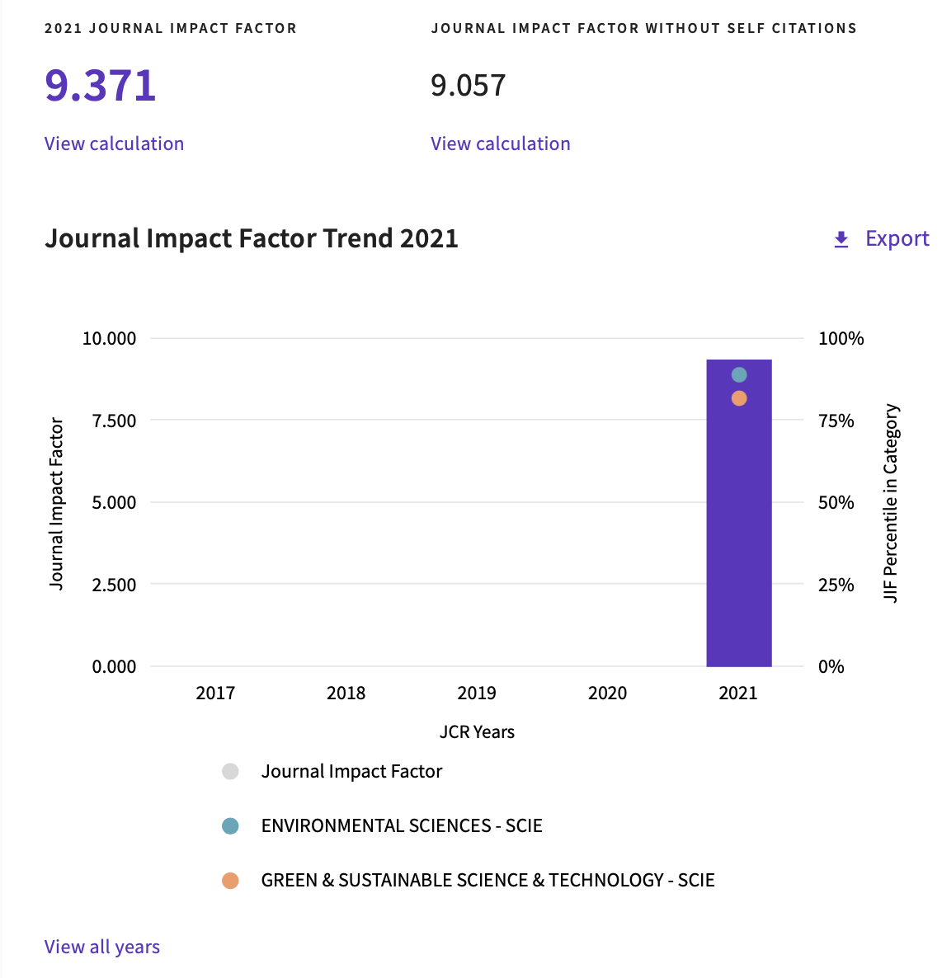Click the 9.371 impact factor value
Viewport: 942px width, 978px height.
point(100,86)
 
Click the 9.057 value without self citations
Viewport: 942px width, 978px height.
point(468,86)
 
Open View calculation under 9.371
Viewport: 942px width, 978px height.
point(114,143)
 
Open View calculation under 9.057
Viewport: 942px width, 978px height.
point(500,143)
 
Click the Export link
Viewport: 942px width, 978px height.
point(897,238)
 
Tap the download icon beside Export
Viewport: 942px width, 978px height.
point(841,239)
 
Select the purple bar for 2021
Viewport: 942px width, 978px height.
point(738,536)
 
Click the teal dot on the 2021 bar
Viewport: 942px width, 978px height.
point(739,375)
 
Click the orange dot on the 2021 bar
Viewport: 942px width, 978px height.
point(739,398)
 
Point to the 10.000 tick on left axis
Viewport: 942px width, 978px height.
point(109,338)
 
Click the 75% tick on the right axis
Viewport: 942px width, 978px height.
point(836,421)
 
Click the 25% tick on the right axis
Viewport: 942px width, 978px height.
point(836,585)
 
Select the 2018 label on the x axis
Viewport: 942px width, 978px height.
point(346,693)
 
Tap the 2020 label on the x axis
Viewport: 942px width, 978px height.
point(607,693)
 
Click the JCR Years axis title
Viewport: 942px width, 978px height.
point(477,732)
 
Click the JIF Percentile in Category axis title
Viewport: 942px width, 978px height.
point(891,503)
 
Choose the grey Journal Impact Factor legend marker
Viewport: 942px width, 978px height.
point(230,771)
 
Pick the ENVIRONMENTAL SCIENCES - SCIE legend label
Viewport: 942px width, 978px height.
point(402,825)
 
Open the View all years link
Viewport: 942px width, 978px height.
point(102,947)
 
